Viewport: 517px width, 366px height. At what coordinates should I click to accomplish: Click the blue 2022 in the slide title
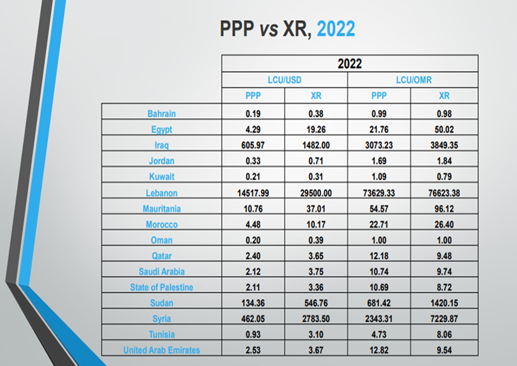coord(336,29)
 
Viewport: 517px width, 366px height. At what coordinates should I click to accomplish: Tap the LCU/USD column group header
coord(285,80)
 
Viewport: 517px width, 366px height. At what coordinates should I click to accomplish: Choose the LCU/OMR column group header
coord(413,80)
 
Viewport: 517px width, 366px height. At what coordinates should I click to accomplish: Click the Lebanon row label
coord(162,193)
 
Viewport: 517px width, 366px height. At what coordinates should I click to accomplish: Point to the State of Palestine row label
coord(162,287)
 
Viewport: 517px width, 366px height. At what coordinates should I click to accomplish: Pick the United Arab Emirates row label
coord(162,350)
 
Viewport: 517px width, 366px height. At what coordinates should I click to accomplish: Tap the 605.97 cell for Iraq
coord(253,145)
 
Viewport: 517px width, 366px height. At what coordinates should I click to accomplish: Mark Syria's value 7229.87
coord(444,319)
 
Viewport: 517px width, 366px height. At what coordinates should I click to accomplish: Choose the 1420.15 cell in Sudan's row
coord(444,303)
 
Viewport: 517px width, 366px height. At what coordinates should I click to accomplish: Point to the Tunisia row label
coord(162,335)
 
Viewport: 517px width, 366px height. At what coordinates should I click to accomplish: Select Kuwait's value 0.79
coord(444,177)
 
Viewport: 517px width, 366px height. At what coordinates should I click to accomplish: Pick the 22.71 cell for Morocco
coord(380,224)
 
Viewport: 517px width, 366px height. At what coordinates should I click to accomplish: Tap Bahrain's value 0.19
coord(253,113)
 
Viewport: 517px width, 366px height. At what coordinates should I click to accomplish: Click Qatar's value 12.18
coord(380,256)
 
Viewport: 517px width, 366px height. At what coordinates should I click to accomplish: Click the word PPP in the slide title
coord(238,29)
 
